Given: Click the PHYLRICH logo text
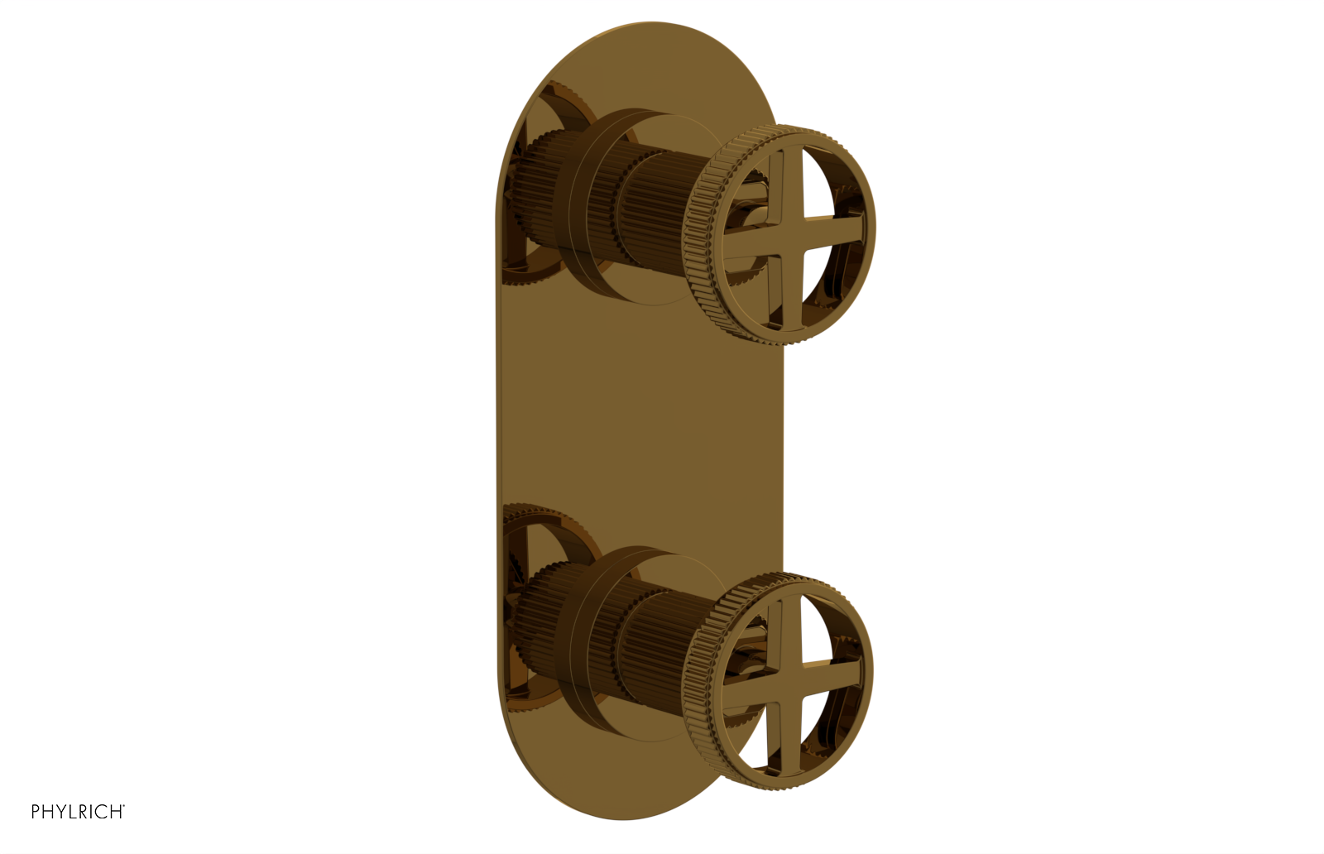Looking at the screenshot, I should click(x=77, y=812).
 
